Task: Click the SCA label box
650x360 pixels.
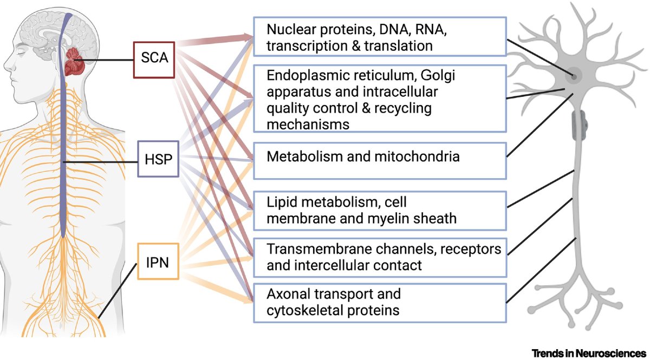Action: (155, 60)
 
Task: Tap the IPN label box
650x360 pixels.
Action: (157, 262)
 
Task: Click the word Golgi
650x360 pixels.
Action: (435, 76)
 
